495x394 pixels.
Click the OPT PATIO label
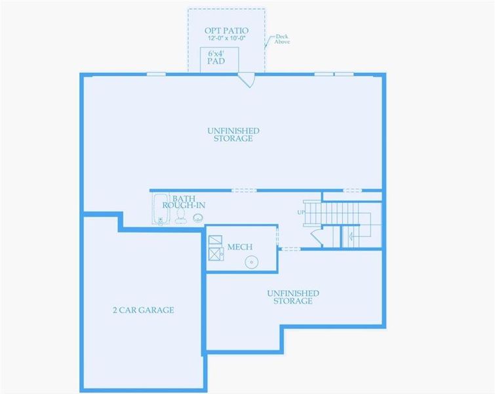[226, 30]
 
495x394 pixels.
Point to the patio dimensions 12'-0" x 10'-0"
[226, 39]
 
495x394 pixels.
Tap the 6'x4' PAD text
[216, 56]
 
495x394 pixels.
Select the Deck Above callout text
[282, 39]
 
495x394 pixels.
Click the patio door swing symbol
[247, 79]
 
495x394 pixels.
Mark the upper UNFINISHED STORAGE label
[233, 135]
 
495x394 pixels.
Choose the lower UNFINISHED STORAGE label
[292, 297]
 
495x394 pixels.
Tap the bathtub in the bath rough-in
[161, 208]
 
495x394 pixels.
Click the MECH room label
[240, 247]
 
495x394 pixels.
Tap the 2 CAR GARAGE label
[143, 310]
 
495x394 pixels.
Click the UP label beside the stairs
[301, 212]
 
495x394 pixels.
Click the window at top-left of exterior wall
[155, 74]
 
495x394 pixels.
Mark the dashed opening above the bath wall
[244, 190]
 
